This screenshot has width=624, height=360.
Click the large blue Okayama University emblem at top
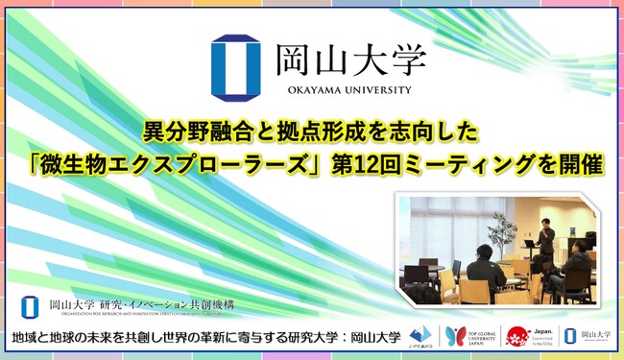pyautogui.click(x=230, y=66)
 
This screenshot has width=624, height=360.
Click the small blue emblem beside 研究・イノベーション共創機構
pyautogui.click(x=30, y=305)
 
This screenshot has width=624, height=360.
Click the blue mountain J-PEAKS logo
pyautogui.click(x=422, y=336)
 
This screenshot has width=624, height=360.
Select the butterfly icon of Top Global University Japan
pyautogui.click(x=455, y=336)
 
